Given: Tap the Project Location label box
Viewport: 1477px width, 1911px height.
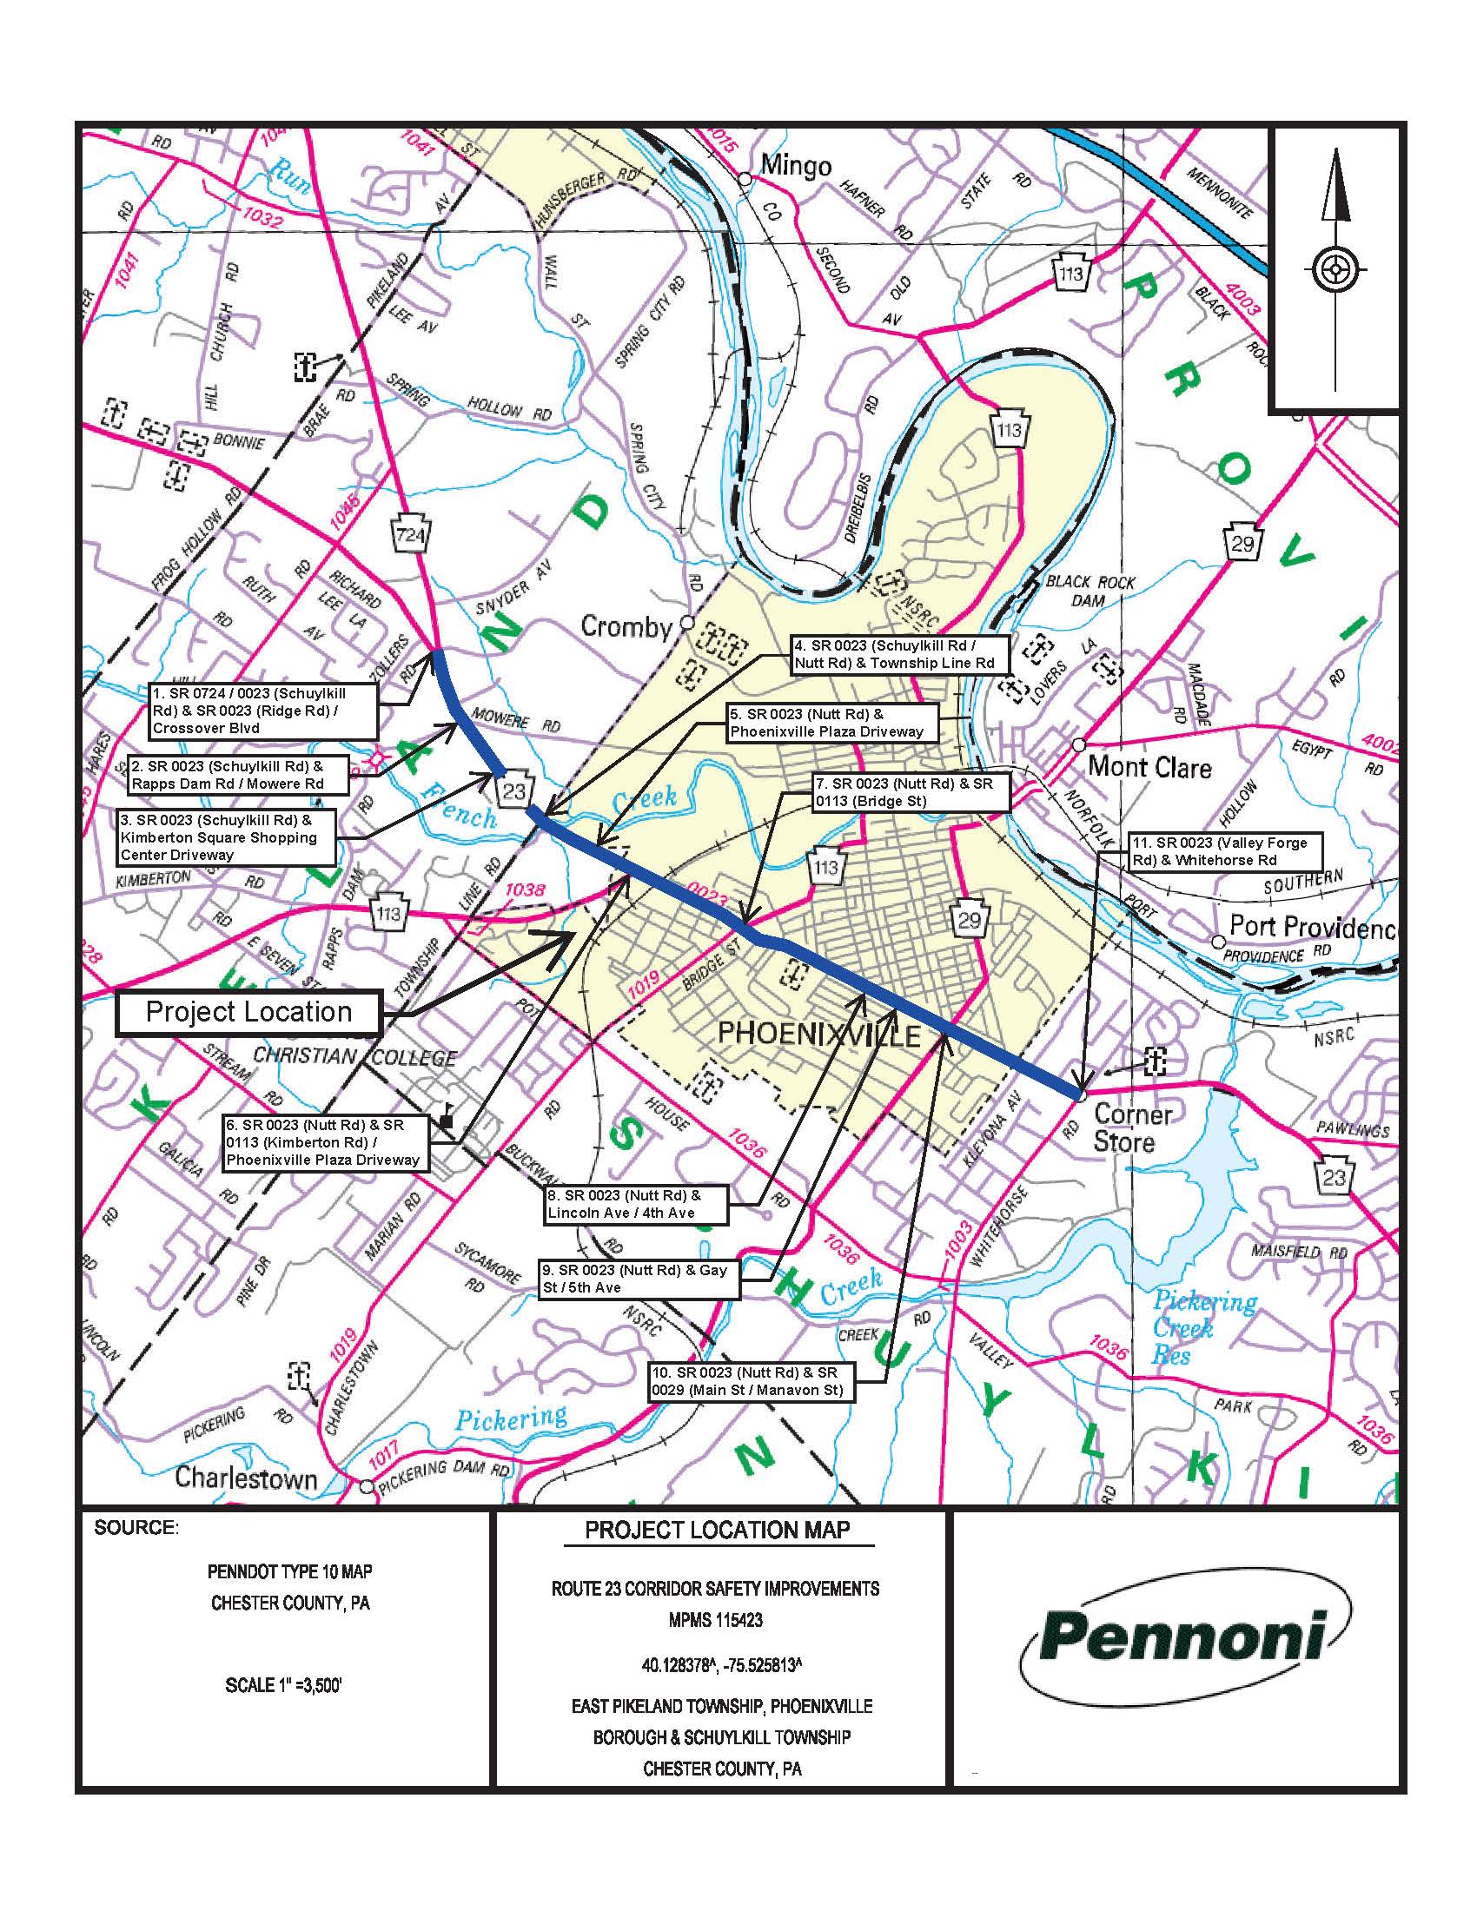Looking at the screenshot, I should click(x=248, y=1012).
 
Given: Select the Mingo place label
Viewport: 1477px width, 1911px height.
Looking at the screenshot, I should click(x=795, y=165).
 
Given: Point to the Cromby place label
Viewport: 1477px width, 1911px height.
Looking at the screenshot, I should click(x=626, y=626).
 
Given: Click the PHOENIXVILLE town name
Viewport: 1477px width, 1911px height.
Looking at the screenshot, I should click(x=819, y=1036).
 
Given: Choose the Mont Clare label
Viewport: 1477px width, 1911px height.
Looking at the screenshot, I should click(x=1149, y=767).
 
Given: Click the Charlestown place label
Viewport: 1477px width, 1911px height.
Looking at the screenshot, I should click(x=246, y=1478).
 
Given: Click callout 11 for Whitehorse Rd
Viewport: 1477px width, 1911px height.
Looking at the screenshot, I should click(x=1225, y=851).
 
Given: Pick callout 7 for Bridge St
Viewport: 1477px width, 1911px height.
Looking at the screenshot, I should click(x=911, y=792).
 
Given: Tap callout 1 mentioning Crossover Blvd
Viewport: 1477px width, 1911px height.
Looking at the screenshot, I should click(x=263, y=711).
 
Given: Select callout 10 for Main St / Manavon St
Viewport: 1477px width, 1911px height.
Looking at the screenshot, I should click(x=752, y=1381).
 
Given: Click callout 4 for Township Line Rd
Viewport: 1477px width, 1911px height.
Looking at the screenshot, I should click(x=899, y=654).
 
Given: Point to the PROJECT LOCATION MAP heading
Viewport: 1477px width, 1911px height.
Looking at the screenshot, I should click(x=718, y=1530).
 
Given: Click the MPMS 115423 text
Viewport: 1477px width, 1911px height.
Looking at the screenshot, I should click(x=717, y=1620).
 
